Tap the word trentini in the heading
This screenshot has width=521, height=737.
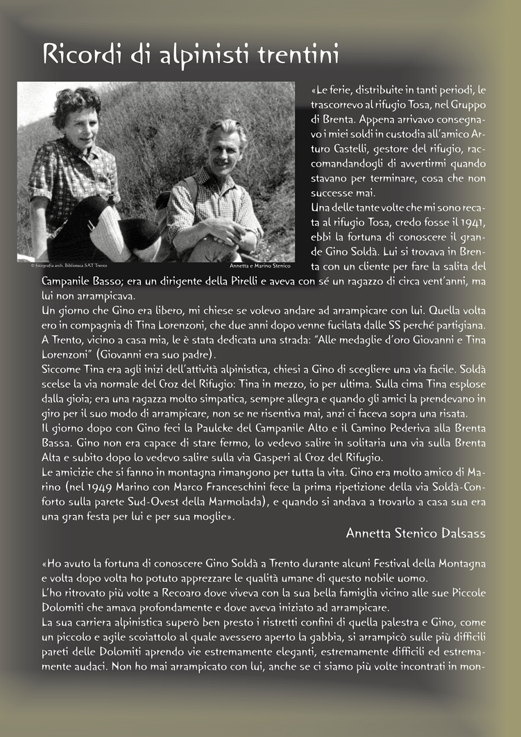298,54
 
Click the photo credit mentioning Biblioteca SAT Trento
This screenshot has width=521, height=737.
62,266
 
